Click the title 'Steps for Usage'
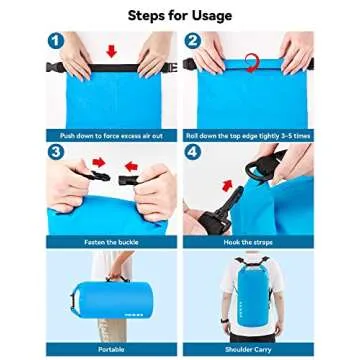(180, 15)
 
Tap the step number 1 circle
(55, 41)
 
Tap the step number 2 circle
(193, 41)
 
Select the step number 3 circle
(55, 152)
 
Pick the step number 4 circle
(193, 152)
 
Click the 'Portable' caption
(111, 350)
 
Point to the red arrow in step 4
(226, 185)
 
